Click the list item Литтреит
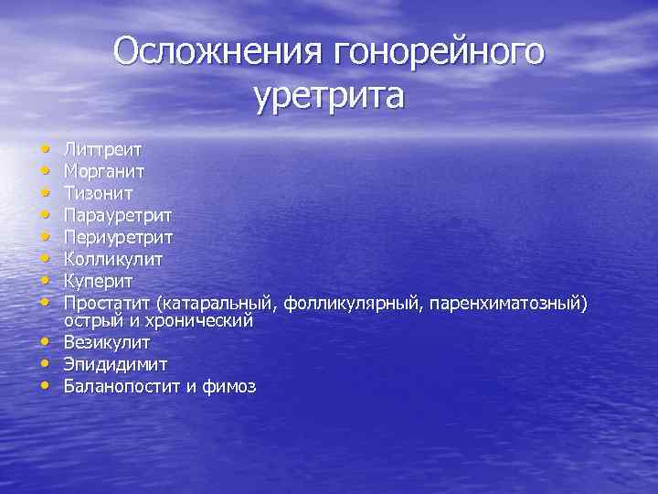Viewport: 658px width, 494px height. pyautogui.click(x=101, y=147)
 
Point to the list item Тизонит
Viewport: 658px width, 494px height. pyautogui.click(x=99, y=192)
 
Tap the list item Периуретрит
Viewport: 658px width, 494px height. pyautogui.click(x=117, y=236)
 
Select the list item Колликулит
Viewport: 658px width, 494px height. pyautogui.click(x=112, y=258)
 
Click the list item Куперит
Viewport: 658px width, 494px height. pyautogui.click(x=99, y=281)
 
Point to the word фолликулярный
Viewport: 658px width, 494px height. pyautogui.click(x=351, y=303)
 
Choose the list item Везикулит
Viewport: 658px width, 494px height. pyautogui.click(x=107, y=342)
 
